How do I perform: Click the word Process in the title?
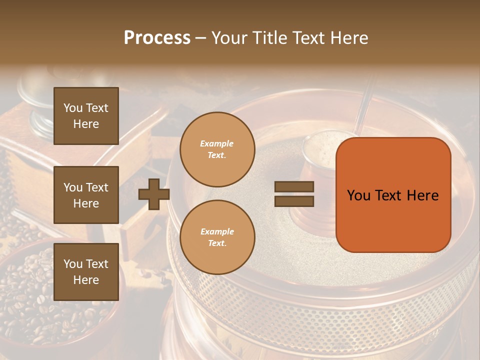(x=157, y=38)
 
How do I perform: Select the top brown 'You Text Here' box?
(x=86, y=116)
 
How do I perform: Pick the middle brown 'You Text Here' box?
(x=86, y=195)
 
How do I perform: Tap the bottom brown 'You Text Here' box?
(x=86, y=271)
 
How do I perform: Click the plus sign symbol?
(x=154, y=194)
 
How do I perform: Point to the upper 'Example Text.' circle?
(x=217, y=149)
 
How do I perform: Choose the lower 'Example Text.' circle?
(x=217, y=237)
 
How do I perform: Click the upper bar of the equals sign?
(x=294, y=187)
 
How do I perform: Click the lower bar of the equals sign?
(x=294, y=201)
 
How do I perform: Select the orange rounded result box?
(x=393, y=194)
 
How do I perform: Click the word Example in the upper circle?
(x=217, y=143)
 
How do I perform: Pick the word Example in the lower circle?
(x=217, y=231)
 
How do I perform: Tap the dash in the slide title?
(x=201, y=38)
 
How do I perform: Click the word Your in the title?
(x=229, y=38)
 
